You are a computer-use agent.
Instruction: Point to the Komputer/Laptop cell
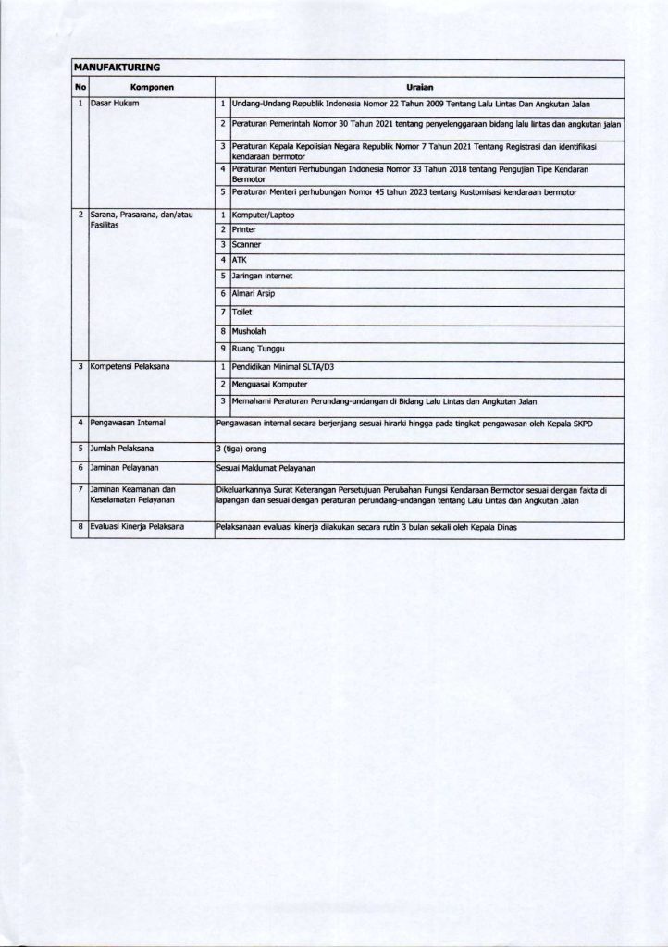tap(264, 214)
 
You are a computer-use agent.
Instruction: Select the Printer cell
tap(244, 228)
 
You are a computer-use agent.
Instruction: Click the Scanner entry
tap(246, 244)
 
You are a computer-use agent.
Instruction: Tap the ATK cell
tap(239, 260)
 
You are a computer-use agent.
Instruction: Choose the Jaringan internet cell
tap(263, 277)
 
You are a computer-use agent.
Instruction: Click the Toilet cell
tap(242, 312)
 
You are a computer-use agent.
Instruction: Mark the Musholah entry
tap(248, 330)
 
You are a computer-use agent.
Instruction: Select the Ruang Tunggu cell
tap(257, 348)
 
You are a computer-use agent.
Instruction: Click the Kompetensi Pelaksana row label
tap(130, 366)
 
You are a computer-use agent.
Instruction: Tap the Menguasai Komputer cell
tap(269, 383)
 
